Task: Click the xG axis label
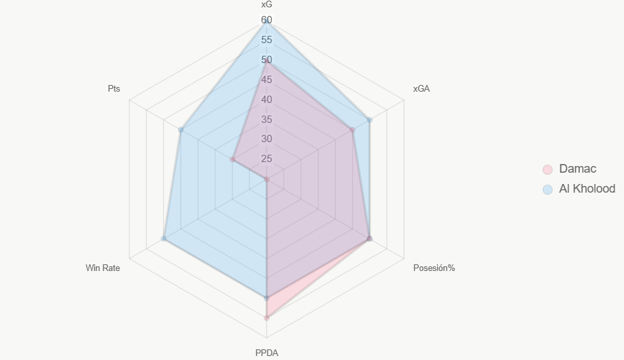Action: click(x=266, y=5)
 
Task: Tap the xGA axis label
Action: click(x=421, y=89)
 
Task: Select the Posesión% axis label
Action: click(x=434, y=268)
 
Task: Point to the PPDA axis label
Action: click(x=266, y=353)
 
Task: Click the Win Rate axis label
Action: click(x=103, y=268)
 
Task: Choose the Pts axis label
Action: click(x=114, y=89)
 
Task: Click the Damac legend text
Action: click(x=577, y=169)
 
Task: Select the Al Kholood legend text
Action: click(x=587, y=189)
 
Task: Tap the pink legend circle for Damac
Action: click(x=548, y=169)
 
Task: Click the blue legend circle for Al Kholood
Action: click(x=548, y=189)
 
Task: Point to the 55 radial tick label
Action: click(x=266, y=40)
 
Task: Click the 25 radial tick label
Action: click(x=266, y=159)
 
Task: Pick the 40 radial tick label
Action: click(x=266, y=100)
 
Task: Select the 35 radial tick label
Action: click(x=266, y=120)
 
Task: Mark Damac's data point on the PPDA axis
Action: click(x=266, y=318)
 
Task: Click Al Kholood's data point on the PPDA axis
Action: click(x=266, y=298)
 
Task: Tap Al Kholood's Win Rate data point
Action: click(x=163, y=238)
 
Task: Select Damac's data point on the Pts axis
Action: click(x=233, y=159)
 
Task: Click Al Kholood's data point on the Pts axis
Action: click(x=181, y=130)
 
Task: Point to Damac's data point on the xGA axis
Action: click(x=352, y=130)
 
